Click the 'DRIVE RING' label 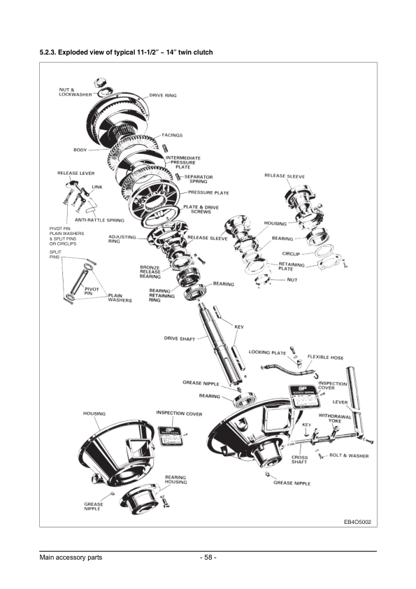162,95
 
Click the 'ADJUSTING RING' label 122,239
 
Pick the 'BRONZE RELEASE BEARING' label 150,271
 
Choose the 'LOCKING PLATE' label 267,353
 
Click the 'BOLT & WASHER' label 349,455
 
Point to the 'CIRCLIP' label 292,253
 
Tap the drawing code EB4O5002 357,522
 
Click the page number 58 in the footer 208,558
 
